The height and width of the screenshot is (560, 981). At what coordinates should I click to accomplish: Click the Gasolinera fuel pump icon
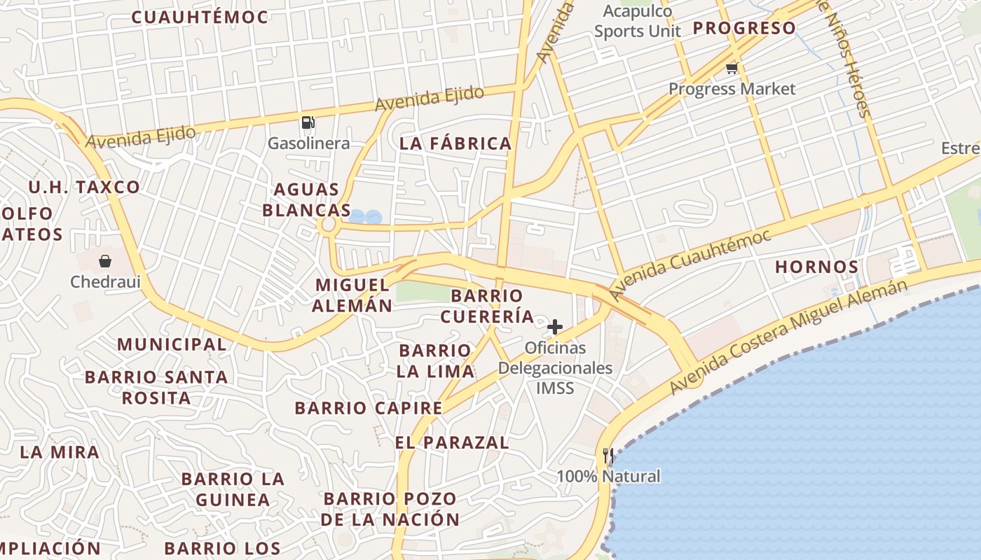coord(308,122)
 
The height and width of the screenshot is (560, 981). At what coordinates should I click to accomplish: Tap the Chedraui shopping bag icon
coord(105,261)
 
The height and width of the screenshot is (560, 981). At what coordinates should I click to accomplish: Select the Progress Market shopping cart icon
coord(732,68)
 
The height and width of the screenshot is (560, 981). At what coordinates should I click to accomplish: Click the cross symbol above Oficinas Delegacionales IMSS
coord(555,326)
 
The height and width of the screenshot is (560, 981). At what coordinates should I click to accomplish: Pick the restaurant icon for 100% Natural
coord(608,456)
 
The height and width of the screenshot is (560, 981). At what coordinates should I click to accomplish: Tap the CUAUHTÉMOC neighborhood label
coord(200,17)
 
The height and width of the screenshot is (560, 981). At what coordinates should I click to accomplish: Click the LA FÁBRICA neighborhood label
coord(455,143)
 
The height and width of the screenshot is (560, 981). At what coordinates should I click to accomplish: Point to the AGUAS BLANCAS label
coord(307,199)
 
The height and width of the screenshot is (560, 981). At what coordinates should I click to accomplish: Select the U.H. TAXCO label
coord(84,187)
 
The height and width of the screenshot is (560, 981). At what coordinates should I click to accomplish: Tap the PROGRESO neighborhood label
coord(744,28)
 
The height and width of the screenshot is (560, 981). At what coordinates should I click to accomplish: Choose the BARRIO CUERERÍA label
coord(487,306)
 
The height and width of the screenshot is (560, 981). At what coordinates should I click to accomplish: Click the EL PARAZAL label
coord(452,442)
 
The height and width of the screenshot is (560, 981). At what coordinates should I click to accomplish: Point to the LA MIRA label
coord(60,451)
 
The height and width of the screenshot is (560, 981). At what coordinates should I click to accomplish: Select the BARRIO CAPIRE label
coord(369,407)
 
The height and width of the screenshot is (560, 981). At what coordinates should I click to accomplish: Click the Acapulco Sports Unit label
coord(638,21)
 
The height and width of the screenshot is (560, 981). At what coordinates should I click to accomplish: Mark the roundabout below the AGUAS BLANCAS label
coord(327,225)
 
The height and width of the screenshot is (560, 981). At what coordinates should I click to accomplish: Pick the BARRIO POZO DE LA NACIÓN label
coord(390,509)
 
